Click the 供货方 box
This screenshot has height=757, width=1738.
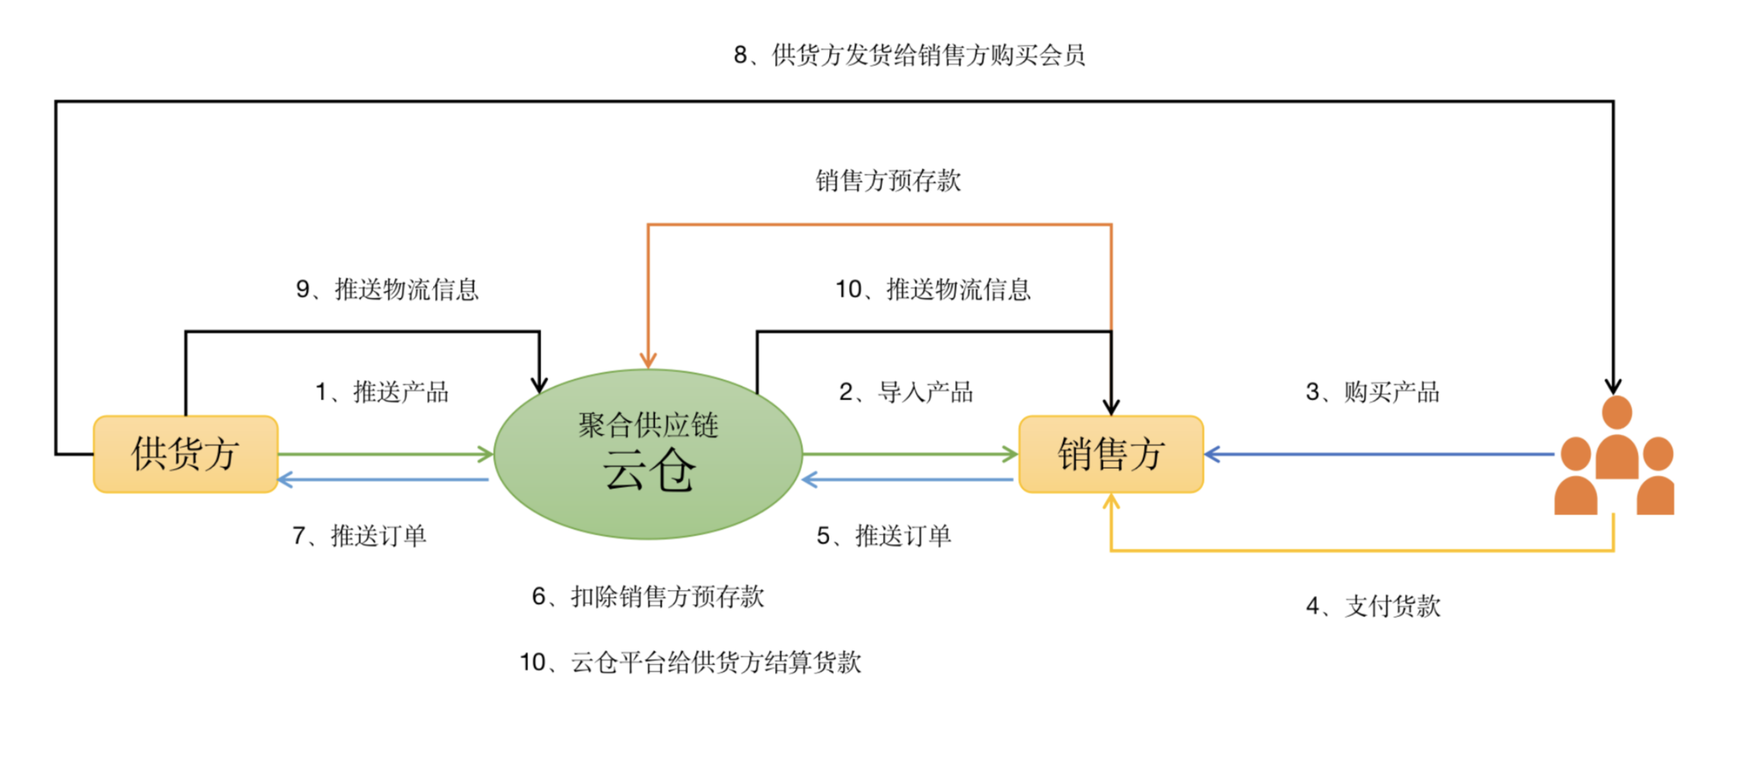186,454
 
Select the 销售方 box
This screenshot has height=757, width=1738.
1111,454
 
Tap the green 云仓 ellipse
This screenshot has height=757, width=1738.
648,454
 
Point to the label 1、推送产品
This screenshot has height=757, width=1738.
382,392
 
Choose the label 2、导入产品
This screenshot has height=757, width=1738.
906,392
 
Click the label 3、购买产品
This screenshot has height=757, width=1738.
1372,392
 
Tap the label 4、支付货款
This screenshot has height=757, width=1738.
1373,606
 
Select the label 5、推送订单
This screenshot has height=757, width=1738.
884,535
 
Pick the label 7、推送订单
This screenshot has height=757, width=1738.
360,535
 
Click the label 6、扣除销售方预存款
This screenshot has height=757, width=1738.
648,596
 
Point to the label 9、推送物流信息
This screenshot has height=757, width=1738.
388,289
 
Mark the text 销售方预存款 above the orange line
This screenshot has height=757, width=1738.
888,180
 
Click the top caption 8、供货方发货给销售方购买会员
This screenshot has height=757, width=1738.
909,55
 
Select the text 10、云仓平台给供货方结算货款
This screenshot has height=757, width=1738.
690,662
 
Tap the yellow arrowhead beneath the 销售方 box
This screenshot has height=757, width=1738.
1111,502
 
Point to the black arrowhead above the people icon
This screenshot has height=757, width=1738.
1614,386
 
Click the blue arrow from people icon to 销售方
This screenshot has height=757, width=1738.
1379,455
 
